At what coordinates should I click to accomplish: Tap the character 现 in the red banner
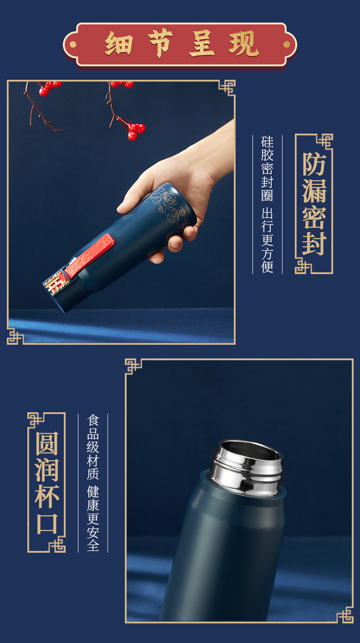(244, 44)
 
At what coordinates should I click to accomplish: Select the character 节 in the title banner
(160, 43)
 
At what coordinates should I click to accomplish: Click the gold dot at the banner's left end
(73, 44)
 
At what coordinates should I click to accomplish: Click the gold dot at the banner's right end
(287, 44)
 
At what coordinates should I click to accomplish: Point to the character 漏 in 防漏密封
(314, 191)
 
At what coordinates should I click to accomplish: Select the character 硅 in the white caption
(267, 142)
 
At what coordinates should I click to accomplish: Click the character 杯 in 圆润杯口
(47, 497)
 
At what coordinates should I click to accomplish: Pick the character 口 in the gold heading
(47, 524)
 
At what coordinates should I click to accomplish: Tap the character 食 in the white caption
(93, 420)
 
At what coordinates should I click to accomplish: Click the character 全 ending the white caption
(93, 544)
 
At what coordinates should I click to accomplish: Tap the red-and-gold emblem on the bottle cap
(56, 283)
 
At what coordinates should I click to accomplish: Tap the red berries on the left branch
(49, 88)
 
